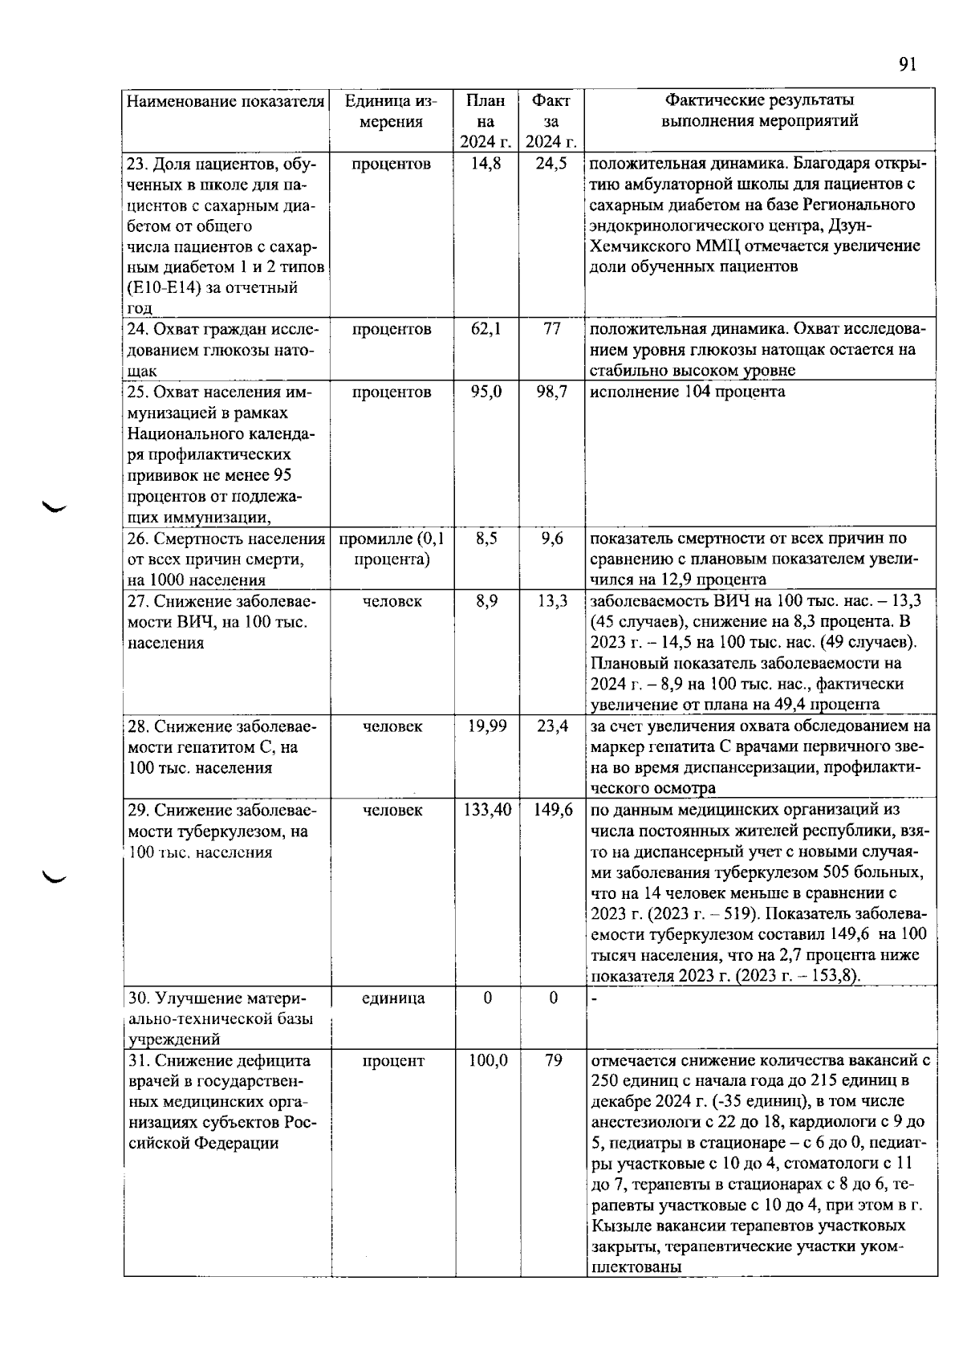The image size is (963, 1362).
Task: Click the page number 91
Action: click(907, 65)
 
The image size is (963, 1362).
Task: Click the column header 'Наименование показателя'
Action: click(226, 101)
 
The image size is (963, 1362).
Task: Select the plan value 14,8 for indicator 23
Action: click(486, 164)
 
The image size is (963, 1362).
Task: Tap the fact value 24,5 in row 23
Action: click(552, 164)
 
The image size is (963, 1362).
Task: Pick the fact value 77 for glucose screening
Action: click(552, 329)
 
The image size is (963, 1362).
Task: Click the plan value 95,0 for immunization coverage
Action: click(486, 392)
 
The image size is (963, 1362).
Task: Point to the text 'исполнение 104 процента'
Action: click(687, 392)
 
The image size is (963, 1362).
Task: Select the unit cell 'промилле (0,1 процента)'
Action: click(392, 549)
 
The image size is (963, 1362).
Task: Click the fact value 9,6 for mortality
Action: click(552, 539)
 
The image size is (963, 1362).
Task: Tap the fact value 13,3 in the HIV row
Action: click(552, 601)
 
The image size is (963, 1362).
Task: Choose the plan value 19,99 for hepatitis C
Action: click(486, 726)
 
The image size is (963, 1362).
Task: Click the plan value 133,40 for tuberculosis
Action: click(487, 810)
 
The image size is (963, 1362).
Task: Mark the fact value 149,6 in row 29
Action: click(553, 810)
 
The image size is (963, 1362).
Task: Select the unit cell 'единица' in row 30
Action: click(392, 998)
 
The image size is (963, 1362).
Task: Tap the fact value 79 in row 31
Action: click(553, 1061)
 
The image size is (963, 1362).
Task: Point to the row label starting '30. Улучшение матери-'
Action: click(217, 998)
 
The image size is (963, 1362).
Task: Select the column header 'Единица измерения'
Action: click(391, 112)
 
